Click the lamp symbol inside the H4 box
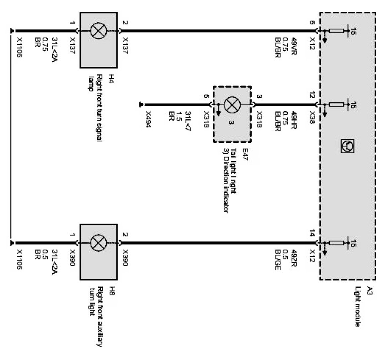point(99,31)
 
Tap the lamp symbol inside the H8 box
point(99,243)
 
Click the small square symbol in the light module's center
point(346,147)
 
